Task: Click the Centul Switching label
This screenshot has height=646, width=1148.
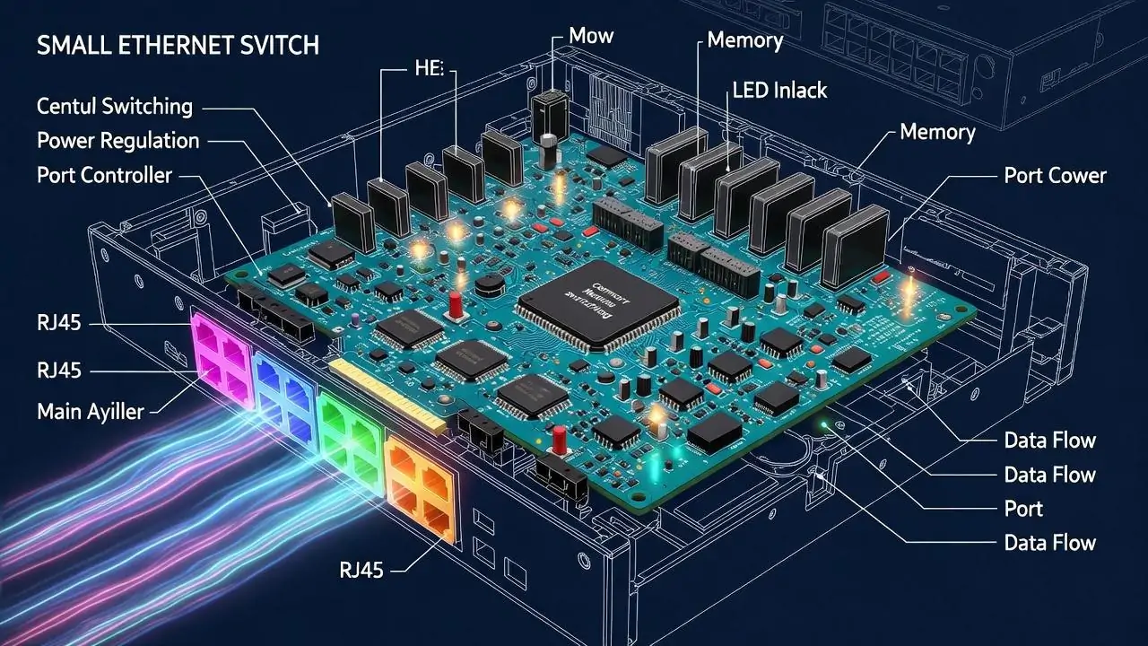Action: pyautogui.click(x=114, y=106)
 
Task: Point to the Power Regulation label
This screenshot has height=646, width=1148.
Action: pyautogui.click(x=117, y=141)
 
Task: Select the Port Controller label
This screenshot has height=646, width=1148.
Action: pyautogui.click(x=103, y=175)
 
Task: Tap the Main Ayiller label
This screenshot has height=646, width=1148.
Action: pyautogui.click(x=90, y=412)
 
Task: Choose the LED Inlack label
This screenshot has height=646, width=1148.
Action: pyautogui.click(x=779, y=90)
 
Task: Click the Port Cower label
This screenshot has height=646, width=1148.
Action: pyautogui.click(x=1055, y=175)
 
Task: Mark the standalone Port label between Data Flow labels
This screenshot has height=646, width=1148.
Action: pyautogui.click(x=1023, y=509)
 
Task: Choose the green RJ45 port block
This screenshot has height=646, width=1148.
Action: pyautogui.click(x=348, y=432)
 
